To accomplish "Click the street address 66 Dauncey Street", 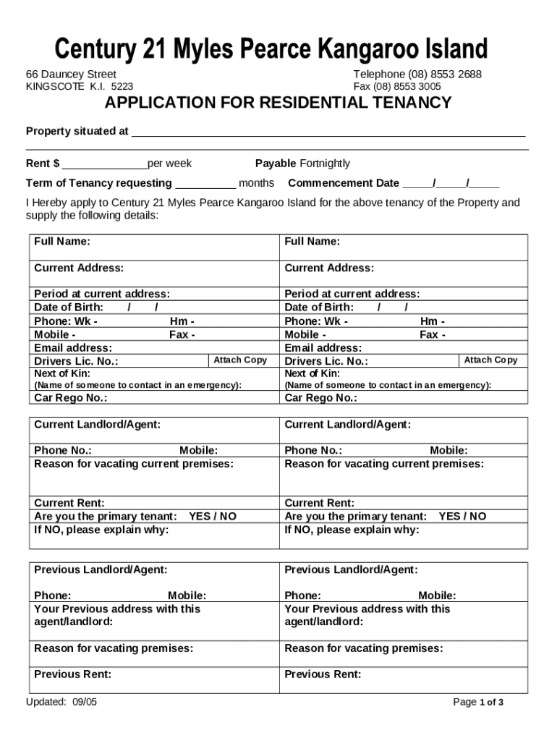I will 71,75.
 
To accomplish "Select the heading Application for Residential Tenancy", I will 278,103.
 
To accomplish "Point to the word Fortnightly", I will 325,164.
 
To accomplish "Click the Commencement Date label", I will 344,183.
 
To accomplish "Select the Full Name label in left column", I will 62,242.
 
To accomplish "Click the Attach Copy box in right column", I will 490,360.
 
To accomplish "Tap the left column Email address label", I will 73,348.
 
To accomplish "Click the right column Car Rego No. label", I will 320,398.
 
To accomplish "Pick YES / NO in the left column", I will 213,517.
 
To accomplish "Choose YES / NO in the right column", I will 462,517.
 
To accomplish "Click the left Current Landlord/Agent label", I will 97,424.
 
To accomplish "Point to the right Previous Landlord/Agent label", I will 351,570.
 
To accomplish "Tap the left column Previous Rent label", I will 72,674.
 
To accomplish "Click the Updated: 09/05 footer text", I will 61,703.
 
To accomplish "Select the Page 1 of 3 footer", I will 477,703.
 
